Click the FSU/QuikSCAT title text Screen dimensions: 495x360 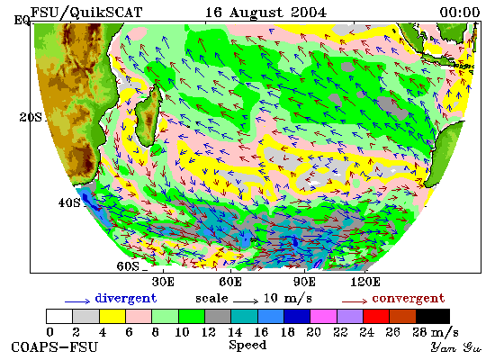[x=85, y=13]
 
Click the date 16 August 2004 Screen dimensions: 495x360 [x=265, y=13]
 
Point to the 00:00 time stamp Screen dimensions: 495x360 [x=460, y=13]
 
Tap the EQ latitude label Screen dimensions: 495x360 [x=22, y=20]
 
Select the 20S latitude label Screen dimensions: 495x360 [x=31, y=117]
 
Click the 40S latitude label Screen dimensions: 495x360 [x=69, y=202]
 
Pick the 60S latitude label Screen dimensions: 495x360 [x=128, y=266]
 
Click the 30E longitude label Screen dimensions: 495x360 [x=163, y=282]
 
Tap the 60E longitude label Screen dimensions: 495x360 [x=230, y=282]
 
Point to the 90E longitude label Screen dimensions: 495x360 [x=304, y=282]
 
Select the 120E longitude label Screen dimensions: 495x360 [x=365, y=282]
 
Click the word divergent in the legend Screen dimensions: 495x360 [x=126, y=299]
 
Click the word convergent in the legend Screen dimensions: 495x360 [x=409, y=299]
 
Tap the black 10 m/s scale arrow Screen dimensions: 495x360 [x=246, y=301]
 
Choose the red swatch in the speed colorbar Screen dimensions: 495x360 [x=376, y=317]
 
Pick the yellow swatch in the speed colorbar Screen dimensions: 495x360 [x=112, y=317]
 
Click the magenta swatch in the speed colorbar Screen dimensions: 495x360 [x=323, y=317]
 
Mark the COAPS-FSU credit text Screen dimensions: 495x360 [x=54, y=347]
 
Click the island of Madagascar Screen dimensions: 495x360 [x=148, y=117]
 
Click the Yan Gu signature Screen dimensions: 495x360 [x=456, y=347]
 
